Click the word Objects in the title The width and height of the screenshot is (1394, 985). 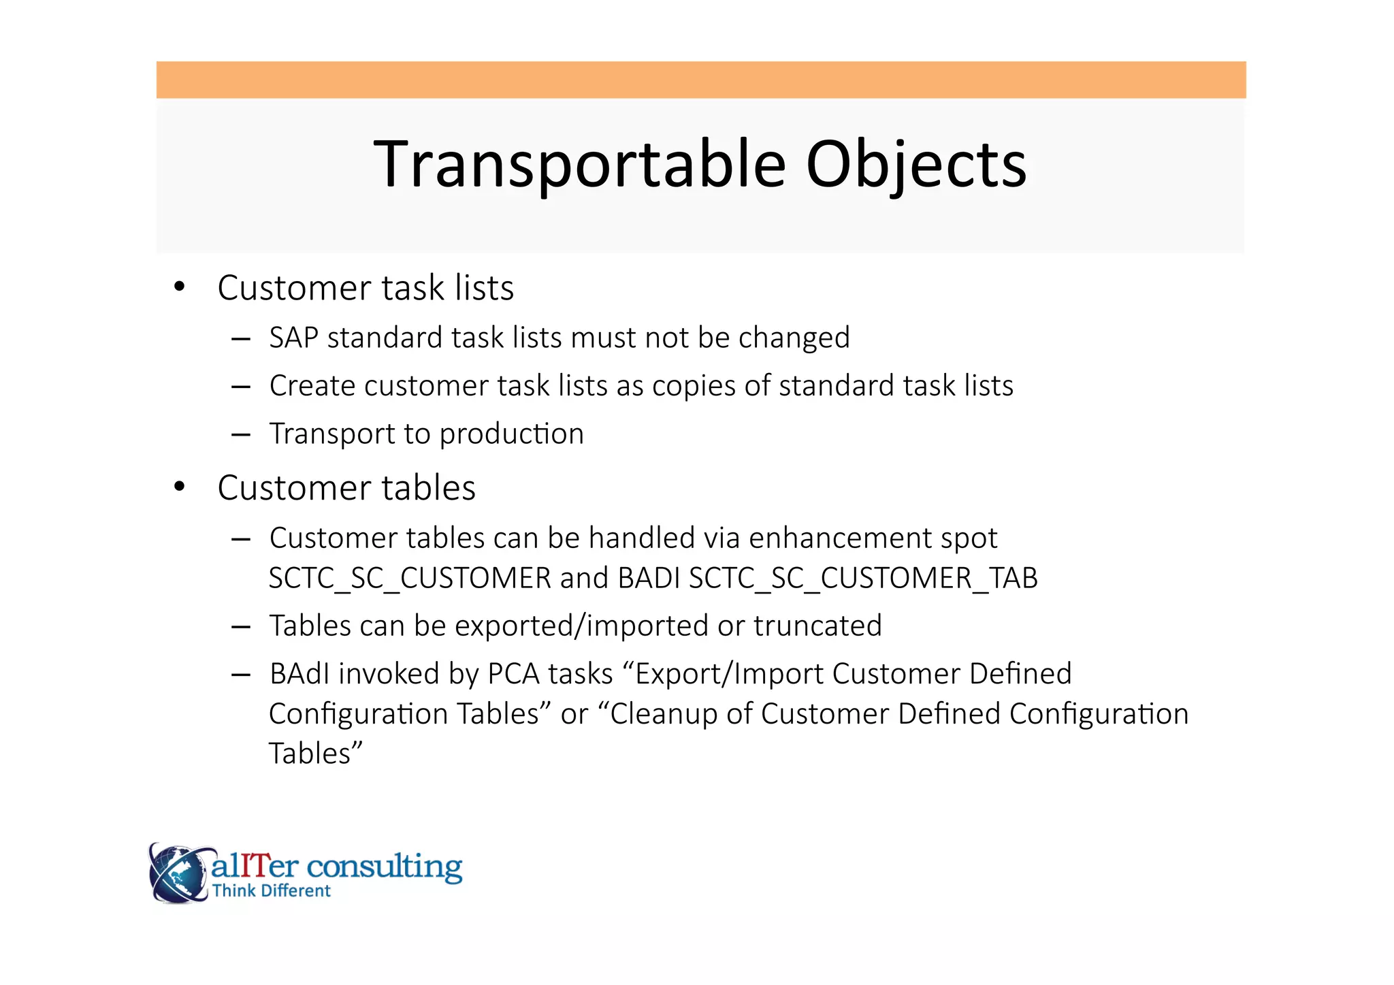pyautogui.click(x=915, y=164)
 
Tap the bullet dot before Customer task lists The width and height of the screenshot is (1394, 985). pyautogui.click(x=179, y=287)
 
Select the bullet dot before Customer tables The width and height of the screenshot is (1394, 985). pyautogui.click(x=179, y=487)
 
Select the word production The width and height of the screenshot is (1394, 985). pyautogui.click(x=512, y=434)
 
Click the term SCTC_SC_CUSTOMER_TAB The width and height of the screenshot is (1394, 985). pyautogui.click(x=863, y=578)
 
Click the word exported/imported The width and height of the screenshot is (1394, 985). pyautogui.click(x=581, y=626)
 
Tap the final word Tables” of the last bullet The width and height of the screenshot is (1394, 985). pyautogui.click(x=316, y=754)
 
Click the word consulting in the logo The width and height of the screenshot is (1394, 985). pyautogui.click(x=385, y=866)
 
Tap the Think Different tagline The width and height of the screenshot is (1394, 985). pyautogui.click(x=271, y=891)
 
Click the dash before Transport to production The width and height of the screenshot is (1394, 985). pyautogui.click(x=241, y=434)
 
